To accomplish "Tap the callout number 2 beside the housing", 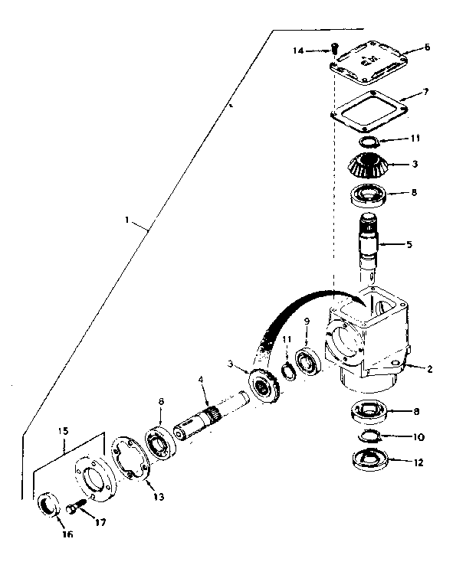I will pyautogui.click(x=431, y=369).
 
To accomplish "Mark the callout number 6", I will pyautogui.click(x=427, y=47).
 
